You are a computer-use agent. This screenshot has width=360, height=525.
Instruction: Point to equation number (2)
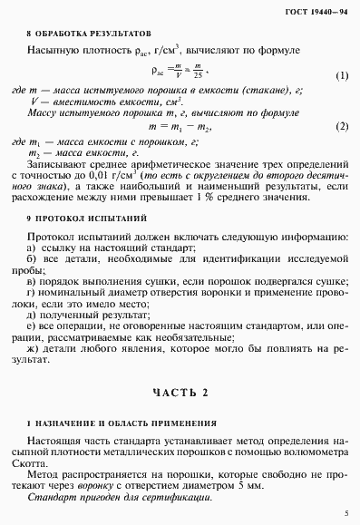pos(341,126)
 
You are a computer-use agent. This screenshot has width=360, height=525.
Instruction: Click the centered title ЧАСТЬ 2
pos(180,391)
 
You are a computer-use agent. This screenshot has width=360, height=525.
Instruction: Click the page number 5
pos(345,513)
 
